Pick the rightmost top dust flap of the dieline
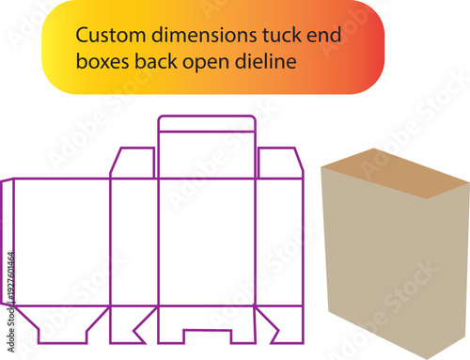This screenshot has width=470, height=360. pos(279,163)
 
